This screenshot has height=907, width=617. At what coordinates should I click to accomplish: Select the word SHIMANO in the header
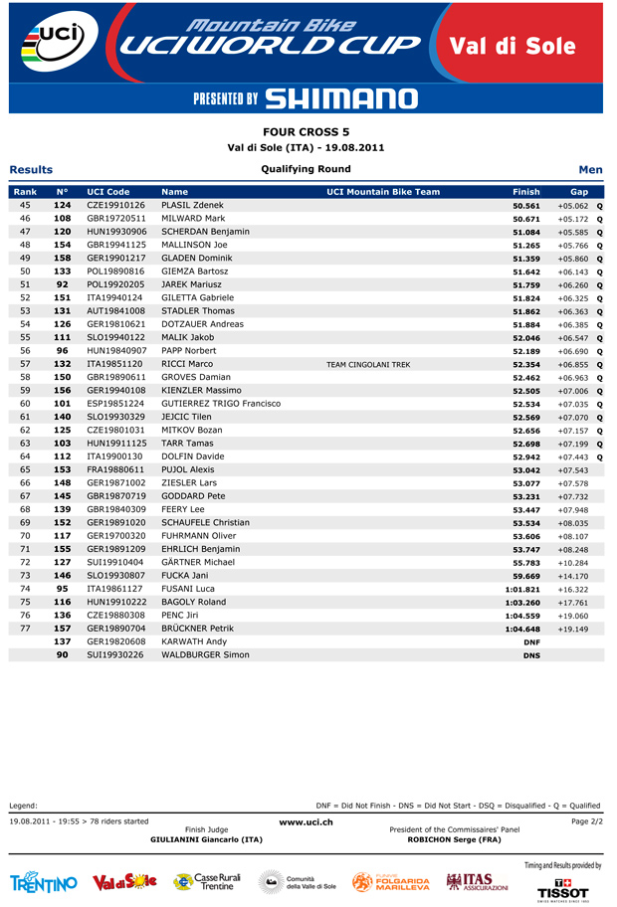point(342,98)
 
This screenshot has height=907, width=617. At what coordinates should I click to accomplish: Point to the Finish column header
point(526,191)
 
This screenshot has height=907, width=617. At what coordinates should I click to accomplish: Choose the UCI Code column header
point(108,191)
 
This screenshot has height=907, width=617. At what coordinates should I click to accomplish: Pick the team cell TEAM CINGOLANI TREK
point(368,365)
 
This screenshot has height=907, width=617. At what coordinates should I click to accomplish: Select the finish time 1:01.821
point(522,589)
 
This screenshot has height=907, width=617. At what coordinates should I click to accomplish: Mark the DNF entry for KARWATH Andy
point(531,642)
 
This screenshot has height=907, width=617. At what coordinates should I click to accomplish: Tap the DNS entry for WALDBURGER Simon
point(531,655)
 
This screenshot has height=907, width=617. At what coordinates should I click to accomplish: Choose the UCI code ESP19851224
point(115,404)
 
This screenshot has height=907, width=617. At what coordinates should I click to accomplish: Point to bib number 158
point(62,258)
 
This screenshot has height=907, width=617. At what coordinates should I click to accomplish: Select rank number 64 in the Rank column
point(25,456)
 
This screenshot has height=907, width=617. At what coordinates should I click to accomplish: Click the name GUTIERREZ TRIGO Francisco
point(221,404)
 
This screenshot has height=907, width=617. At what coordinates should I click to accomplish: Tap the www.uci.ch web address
point(306,821)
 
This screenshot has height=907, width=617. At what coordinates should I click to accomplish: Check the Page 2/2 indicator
point(587,821)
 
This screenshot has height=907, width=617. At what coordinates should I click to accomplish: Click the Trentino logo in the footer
point(44,883)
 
